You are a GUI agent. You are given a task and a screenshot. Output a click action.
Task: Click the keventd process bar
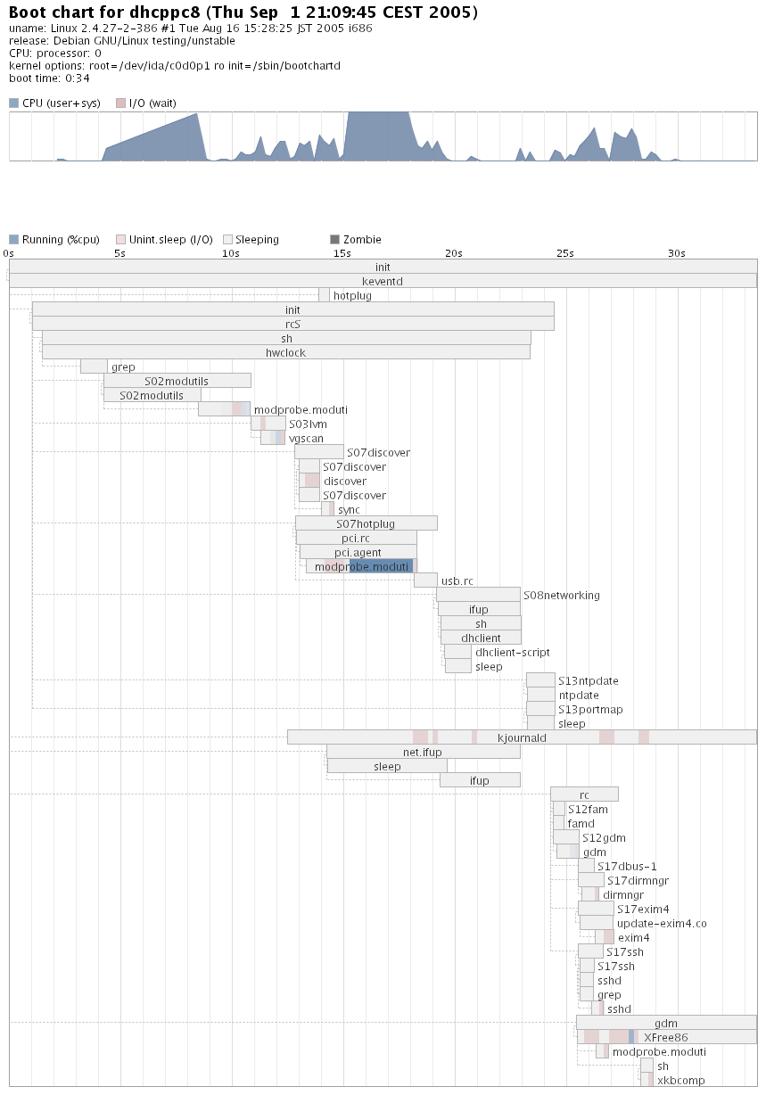[x=383, y=281]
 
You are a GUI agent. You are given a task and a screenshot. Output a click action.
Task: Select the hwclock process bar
[x=285, y=352]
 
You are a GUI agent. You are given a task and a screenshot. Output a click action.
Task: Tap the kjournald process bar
[x=522, y=737]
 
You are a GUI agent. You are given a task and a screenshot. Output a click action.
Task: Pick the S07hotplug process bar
[x=366, y=523]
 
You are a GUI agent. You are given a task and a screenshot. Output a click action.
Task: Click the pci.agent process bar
[x=358, y=552]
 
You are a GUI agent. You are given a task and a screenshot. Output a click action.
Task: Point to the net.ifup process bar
[x=423, y=752]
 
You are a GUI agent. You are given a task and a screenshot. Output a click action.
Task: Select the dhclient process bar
[x=481, y=638]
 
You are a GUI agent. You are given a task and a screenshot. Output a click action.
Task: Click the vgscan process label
[x=306, y=438]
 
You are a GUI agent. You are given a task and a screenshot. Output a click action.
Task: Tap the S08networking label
[x=561, y=595]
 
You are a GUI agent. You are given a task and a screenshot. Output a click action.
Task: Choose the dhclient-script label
[x=512, y=652]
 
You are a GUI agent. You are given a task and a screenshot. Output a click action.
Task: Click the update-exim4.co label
[x=661, y=923]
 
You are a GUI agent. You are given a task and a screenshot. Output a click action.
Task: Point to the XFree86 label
[x=665, y=1037]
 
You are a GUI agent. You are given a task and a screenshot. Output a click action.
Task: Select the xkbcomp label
[x=680, y=1080]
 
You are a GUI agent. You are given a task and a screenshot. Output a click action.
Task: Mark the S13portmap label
[x=590, y=709]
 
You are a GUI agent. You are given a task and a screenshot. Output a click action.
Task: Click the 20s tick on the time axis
[x=454, y=253]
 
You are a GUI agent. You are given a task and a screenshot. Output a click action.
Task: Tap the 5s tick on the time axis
[x=119, y=253]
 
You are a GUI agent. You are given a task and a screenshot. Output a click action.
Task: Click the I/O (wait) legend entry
[x=152, y=103]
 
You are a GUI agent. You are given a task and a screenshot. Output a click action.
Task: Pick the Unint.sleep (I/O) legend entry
[x=170, y=239]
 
